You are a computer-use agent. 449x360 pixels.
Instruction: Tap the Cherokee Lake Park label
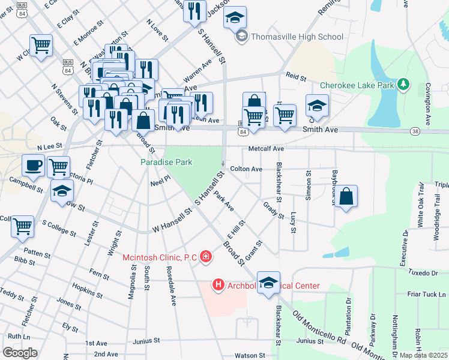coord(357,85)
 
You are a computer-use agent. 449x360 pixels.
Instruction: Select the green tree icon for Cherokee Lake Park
coord(405,84)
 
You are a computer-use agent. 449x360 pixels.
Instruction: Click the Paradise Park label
coord(166,162)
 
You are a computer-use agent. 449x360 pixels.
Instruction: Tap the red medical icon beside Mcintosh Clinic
coord(206,257)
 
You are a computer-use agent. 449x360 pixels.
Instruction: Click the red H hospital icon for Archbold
coord(218,285)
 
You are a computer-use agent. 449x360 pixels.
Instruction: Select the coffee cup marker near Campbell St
coord(33,165)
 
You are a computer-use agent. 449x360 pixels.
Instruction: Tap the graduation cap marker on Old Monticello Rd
coord(268,282)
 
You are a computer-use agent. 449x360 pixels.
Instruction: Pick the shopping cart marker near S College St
coord(22,226)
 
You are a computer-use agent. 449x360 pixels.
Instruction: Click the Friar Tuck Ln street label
coord(427,294)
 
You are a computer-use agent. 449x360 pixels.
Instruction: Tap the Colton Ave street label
coord(246,169)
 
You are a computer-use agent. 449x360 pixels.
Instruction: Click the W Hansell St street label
coord(171,220)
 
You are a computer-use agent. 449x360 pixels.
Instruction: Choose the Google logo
coord(19,352)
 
